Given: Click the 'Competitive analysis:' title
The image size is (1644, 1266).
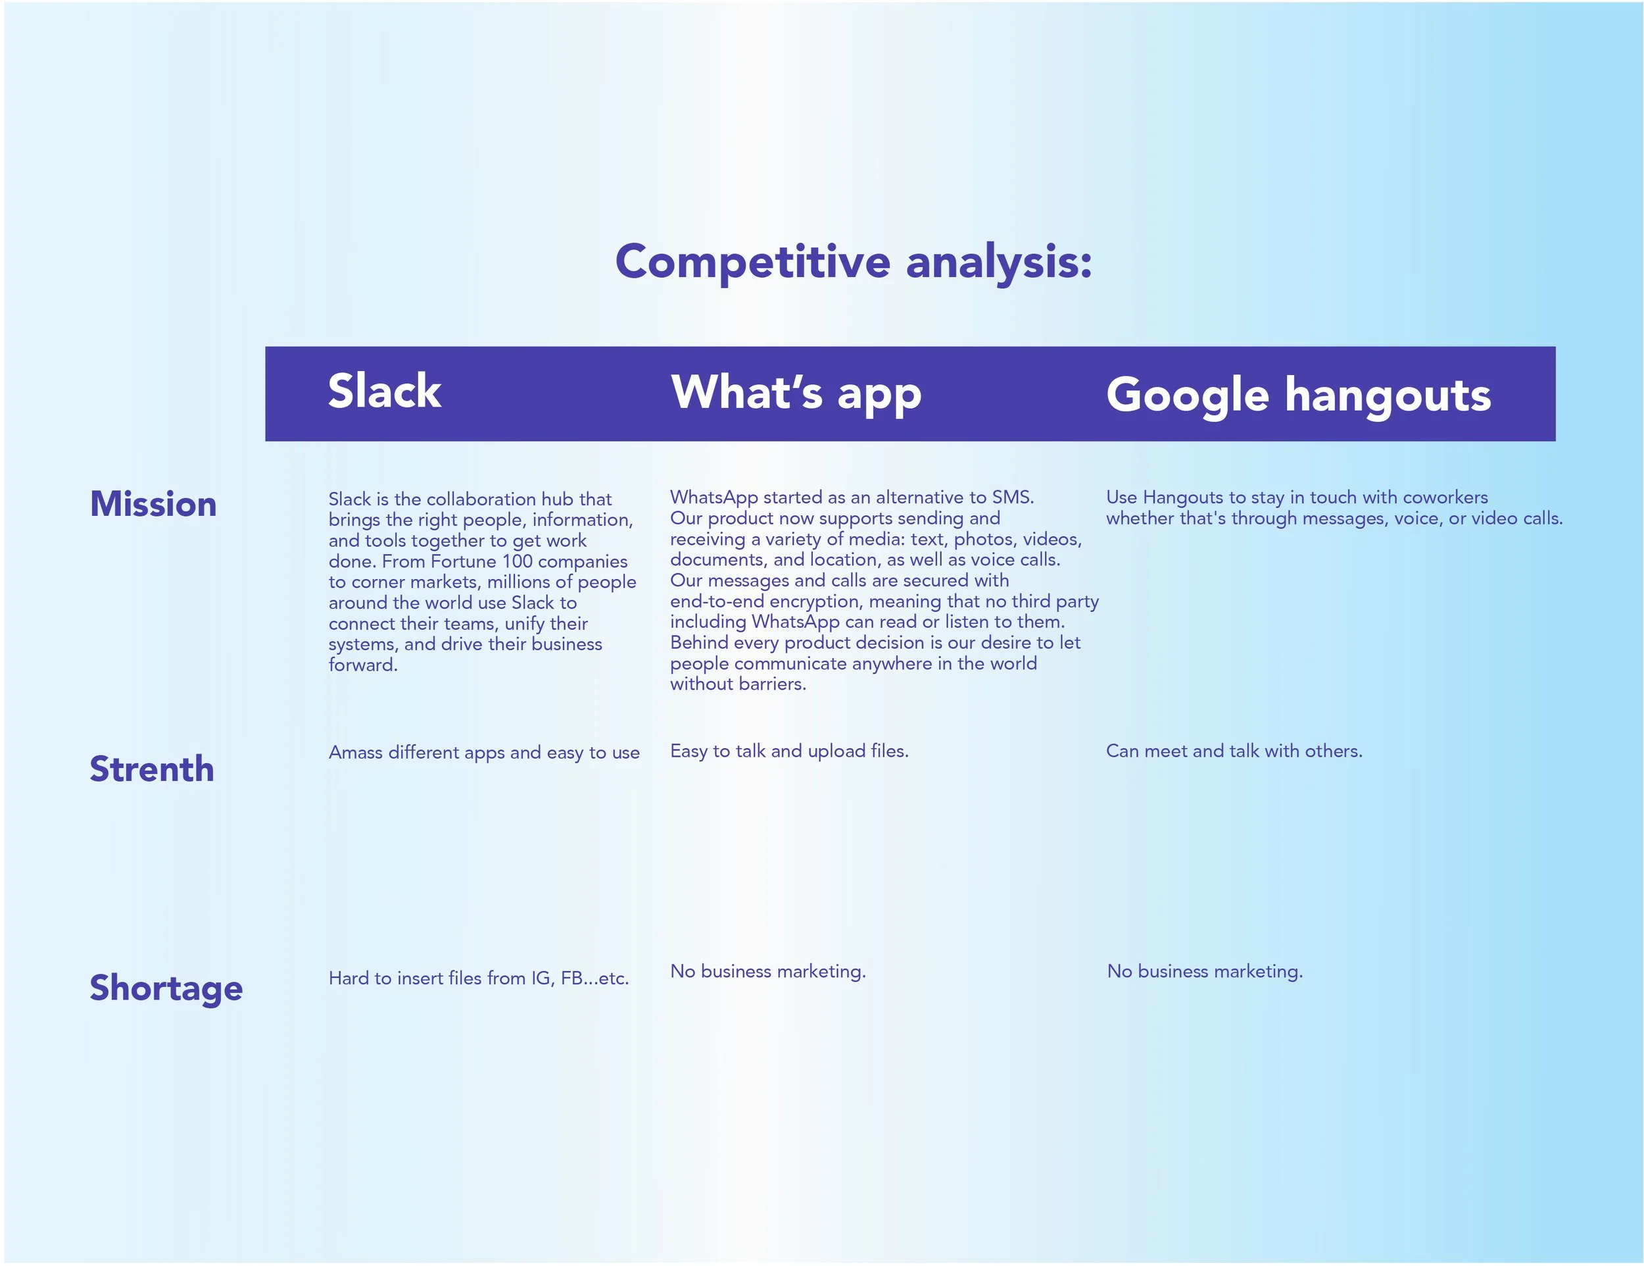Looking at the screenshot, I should [853, 262].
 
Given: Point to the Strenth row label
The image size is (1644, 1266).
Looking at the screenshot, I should [151, 769].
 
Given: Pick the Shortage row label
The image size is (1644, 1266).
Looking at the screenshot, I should [166, 988].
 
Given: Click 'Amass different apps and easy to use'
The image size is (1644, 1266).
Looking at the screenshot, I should [484, 752].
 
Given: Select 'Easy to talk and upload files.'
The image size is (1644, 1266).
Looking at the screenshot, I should [789, 751].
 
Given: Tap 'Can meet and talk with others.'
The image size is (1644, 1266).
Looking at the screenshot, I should [1234, 751].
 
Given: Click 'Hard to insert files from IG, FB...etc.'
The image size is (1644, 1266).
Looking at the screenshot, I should [478, 978].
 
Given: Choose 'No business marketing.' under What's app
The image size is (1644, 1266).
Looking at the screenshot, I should [768, 971].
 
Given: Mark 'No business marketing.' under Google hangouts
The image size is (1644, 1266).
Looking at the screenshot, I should [1205, 971].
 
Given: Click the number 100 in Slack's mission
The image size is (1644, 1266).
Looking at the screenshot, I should [516, 561].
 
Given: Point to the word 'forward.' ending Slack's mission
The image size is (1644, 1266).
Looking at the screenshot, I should [363, 665].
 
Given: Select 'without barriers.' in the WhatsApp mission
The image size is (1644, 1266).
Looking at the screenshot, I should [738, 684].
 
